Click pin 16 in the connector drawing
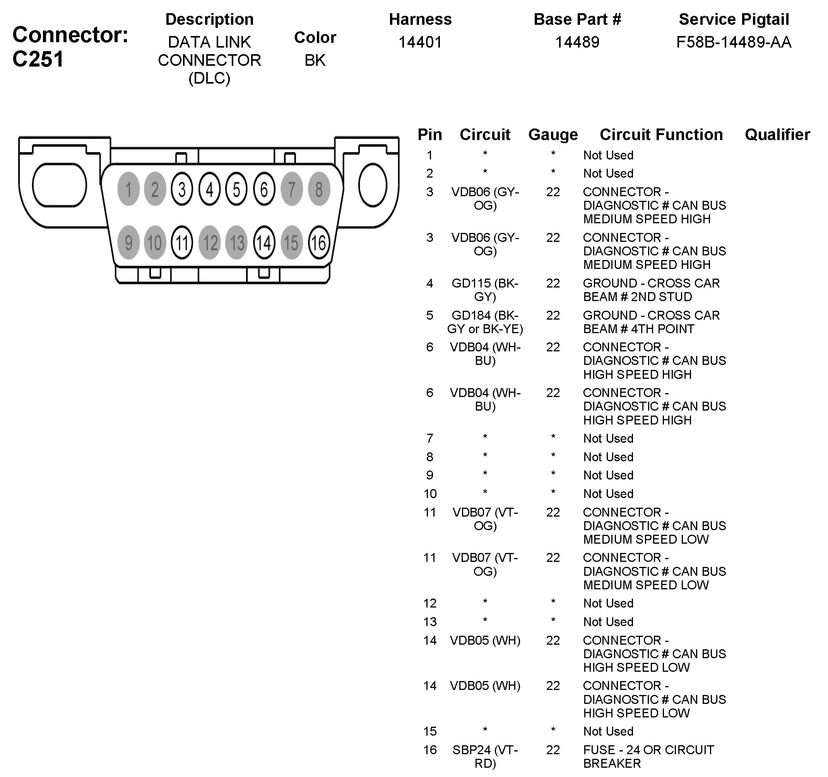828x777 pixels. [318, 243]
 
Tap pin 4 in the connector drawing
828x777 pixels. [209, 189]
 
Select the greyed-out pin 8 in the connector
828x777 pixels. [318, 189]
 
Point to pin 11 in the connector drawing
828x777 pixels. [182, 243]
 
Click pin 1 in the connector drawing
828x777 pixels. [128, 189]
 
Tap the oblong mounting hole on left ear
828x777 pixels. [59, 185]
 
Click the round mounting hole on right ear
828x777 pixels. [372, 185]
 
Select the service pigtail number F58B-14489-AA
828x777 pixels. [734, 42]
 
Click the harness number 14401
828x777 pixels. [420, 42]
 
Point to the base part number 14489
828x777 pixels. [577, 42]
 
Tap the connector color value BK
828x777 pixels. [315, 60]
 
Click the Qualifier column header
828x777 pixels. [777, 135]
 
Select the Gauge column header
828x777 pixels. [553, 135]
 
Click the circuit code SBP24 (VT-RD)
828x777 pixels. [485, 756]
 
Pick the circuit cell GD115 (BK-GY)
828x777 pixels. [485, 290]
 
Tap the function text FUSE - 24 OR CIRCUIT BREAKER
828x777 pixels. [648, 756]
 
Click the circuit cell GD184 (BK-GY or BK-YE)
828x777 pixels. [485, 322]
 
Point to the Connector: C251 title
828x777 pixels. [70, 46]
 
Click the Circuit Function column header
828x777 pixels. [661, 135]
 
